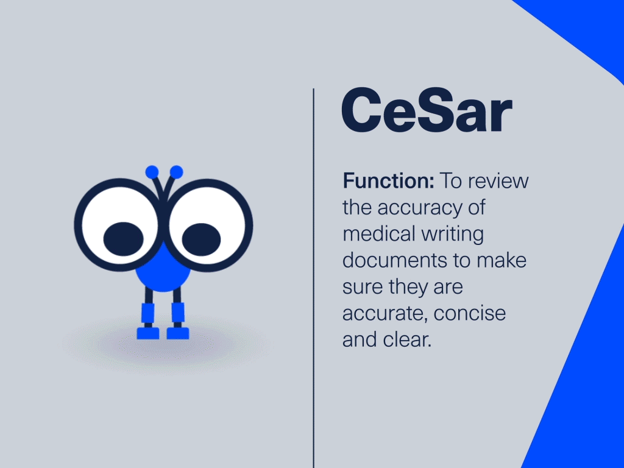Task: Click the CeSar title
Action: pos(427,110)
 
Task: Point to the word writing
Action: pos(453,235)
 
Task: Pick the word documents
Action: pos(394,260)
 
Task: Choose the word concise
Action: pos(470,313)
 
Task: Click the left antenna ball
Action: pos(152,172)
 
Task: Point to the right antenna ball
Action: pos(176,172)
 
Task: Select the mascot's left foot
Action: pos(148,333)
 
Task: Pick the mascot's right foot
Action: pos(177,333)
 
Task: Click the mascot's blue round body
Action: pos(163,271)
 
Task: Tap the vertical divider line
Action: pos(314,278)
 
